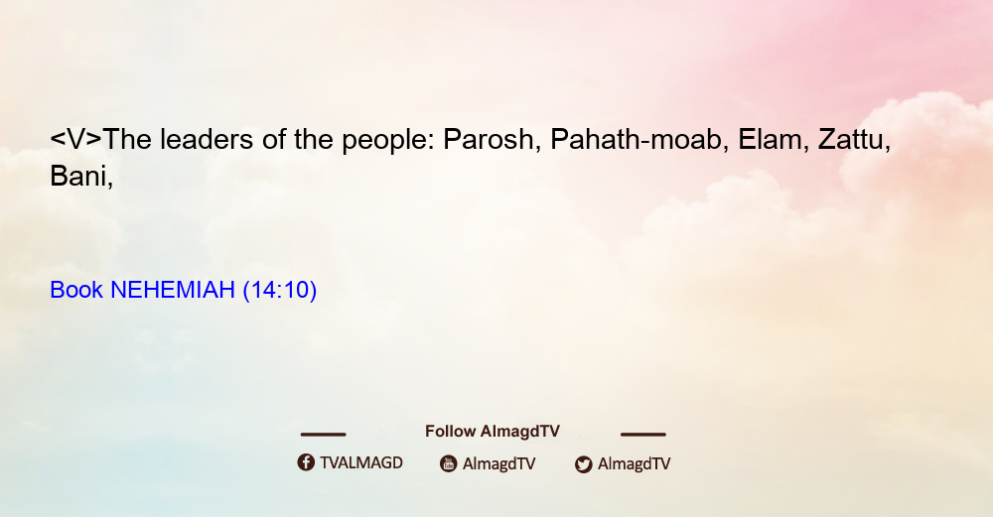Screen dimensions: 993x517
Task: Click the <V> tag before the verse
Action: pos(75,139)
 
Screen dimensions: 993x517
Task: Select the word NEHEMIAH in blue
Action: pos(173,290)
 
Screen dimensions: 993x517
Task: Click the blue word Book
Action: pos(76,290)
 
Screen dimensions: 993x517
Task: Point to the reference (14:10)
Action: pos(280,290)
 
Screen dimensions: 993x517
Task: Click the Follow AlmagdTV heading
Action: pos(493,432)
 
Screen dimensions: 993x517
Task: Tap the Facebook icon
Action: pos(306,462)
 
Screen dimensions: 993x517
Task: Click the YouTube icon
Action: pos(449,463)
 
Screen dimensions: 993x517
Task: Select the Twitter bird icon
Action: pos(583,464)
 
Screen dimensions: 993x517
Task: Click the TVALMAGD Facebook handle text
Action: pos(361,463)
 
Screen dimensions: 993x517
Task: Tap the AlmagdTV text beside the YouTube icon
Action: pos(499,464)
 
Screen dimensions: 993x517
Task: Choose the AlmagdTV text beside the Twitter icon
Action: pos(634,464)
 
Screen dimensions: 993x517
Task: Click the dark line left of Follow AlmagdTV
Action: pos(323,435)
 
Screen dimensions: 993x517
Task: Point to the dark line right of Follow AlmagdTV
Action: pos(643,435)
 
